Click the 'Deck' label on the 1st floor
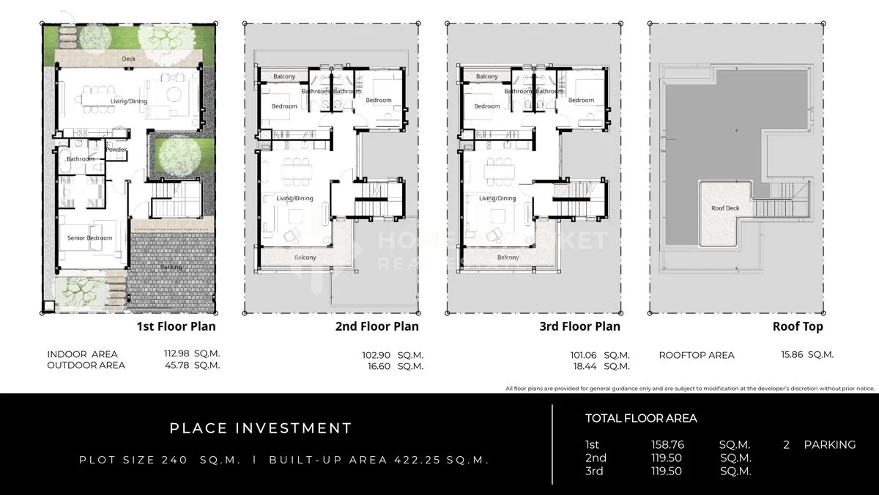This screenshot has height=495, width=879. pos(129,59)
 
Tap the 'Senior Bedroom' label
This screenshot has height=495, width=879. pos(90,238)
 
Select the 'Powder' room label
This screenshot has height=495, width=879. pos(116,150)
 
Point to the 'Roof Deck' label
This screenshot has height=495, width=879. pos(725,208)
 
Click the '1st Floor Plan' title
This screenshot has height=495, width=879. pos(177,326)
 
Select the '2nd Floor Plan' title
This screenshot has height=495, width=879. pos(377,326)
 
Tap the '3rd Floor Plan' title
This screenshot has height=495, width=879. pos(579,326)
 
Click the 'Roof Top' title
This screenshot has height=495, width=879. pos(798,326)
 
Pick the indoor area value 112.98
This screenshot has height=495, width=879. pos(177,354)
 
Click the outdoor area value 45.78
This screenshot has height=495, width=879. pos(177,365)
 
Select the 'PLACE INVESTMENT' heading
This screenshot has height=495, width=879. pos(261,428)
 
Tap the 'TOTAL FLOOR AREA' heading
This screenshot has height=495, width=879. pos(641,419)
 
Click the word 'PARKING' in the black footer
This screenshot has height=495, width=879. pos(829,444)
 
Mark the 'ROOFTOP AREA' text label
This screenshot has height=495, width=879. pos(696,355)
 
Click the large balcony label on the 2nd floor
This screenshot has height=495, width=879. pos(305,257)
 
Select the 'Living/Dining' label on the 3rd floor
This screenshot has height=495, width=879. pos(497,199)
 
